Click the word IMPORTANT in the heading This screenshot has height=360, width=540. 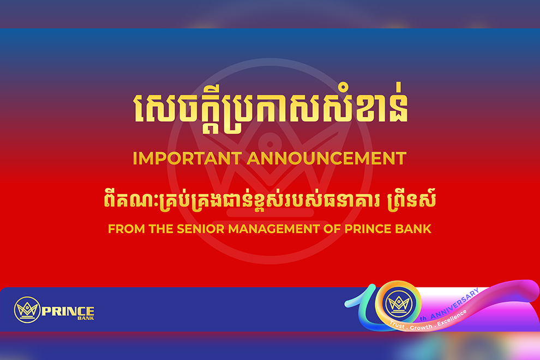[187, 159]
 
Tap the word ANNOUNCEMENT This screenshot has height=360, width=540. [327, 159]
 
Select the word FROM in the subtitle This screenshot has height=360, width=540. [127, 229]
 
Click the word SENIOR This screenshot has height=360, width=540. [200, 229]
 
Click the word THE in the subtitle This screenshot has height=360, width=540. [161, 229]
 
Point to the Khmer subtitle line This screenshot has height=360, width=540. [270, 201]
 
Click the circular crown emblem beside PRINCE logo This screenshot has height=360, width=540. [27, 310]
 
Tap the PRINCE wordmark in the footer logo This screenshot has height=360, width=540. [68, 311]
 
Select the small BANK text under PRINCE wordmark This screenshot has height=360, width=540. [86, 319]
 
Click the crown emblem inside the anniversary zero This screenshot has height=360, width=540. [399, 303]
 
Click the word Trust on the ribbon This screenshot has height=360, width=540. [397, 325]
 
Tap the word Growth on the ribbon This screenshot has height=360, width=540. [421, 327]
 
